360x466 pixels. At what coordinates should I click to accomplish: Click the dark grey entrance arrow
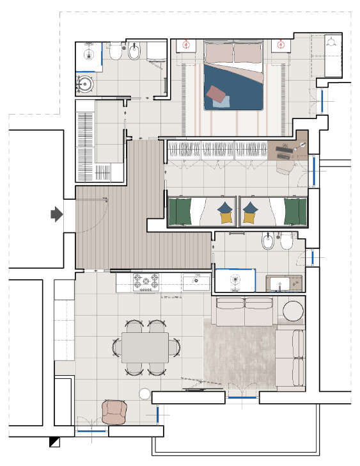(x=56, y=215)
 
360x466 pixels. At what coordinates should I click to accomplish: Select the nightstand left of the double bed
(x=186, y=46)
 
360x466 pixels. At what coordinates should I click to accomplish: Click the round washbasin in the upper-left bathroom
(x=85, y=83)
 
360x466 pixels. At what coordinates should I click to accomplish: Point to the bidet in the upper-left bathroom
(x=134, y=53)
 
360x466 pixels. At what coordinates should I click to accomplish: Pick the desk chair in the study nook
(x=285, y=166)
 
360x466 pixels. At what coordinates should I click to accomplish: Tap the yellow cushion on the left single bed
(x=224, y=218)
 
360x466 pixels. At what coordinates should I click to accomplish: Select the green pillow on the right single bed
(x=293, y=211)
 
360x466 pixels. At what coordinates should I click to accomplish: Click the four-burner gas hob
(x=146, y=282)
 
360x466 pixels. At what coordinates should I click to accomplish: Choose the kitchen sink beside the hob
(x=195, y=281)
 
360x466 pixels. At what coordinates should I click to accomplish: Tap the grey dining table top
(x=145, y=348)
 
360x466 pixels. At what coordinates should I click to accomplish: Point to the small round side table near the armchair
(x=145, y=394)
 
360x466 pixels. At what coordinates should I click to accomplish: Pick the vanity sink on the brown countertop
(x=281, y=281)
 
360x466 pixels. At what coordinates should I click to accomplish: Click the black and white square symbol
(x=54, y=442)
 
